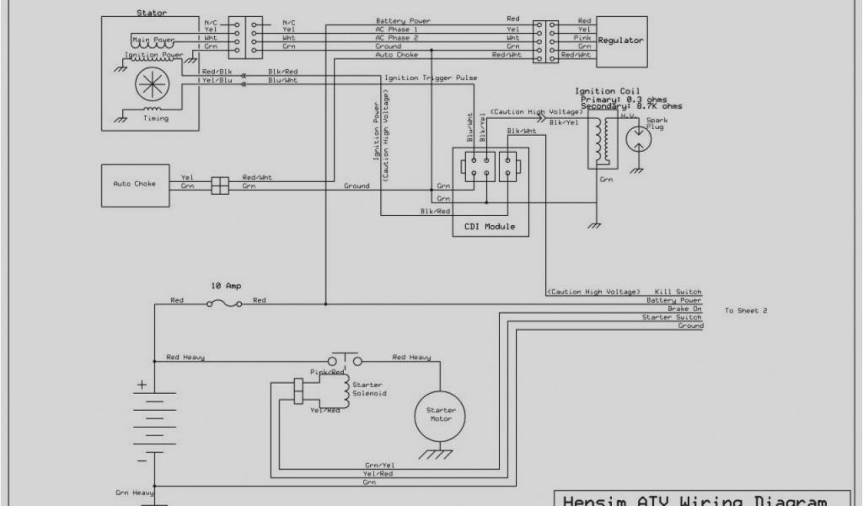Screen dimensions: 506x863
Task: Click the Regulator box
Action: click(x=621, y=40)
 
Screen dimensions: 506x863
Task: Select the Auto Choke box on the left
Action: click(x=134, y=182)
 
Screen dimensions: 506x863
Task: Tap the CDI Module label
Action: click(x=490, y=227)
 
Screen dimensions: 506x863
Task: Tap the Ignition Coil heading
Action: click(x=607, y=91)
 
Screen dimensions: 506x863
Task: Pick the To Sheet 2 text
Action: click(x=746, y=310)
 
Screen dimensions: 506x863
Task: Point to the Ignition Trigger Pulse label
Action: click(x=431, y=78)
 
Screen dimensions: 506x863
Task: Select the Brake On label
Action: click(x=685, y=309)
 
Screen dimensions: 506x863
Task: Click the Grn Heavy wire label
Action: click(x=132, y=491)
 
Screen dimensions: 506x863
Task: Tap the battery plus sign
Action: click(x=142, y=385)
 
